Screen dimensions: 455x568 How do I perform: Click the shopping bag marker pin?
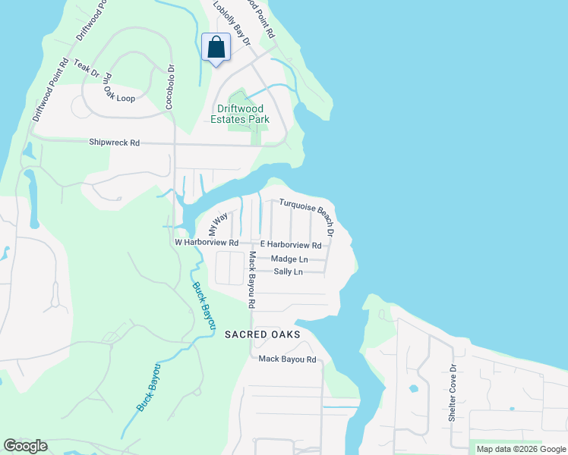(x=216, y=48)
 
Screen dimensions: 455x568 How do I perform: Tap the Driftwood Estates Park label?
(x=239, y=114)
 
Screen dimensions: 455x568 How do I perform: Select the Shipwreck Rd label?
(x=115, y=142)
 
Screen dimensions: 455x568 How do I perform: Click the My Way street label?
(x=218, y=224)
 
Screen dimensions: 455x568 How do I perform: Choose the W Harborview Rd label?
(x=207, y=243)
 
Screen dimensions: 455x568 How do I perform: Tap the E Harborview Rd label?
(x=291, y=245)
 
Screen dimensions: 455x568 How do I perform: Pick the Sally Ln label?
(x=288, y=271)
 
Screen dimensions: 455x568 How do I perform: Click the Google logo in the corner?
(x=25, y=446)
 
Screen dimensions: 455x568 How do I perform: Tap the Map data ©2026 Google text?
(x=522, y=449)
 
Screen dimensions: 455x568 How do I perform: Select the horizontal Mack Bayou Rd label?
(x=287, y=359)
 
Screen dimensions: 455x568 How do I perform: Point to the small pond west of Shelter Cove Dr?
(x=412, y=388)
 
